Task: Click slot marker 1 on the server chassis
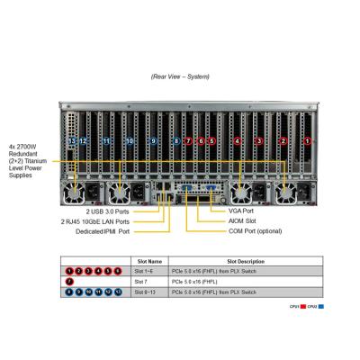point(306,141)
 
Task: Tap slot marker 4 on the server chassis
point(238,141)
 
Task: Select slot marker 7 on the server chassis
point(188,141)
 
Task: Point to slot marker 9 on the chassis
point(153,141)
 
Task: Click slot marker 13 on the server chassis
point(72,141)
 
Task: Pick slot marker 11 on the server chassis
point(106,141)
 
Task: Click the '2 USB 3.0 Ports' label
point(106,210)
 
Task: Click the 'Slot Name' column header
point(148,261)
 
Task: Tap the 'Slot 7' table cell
point(142,282)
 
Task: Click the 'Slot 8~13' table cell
point(146,292)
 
